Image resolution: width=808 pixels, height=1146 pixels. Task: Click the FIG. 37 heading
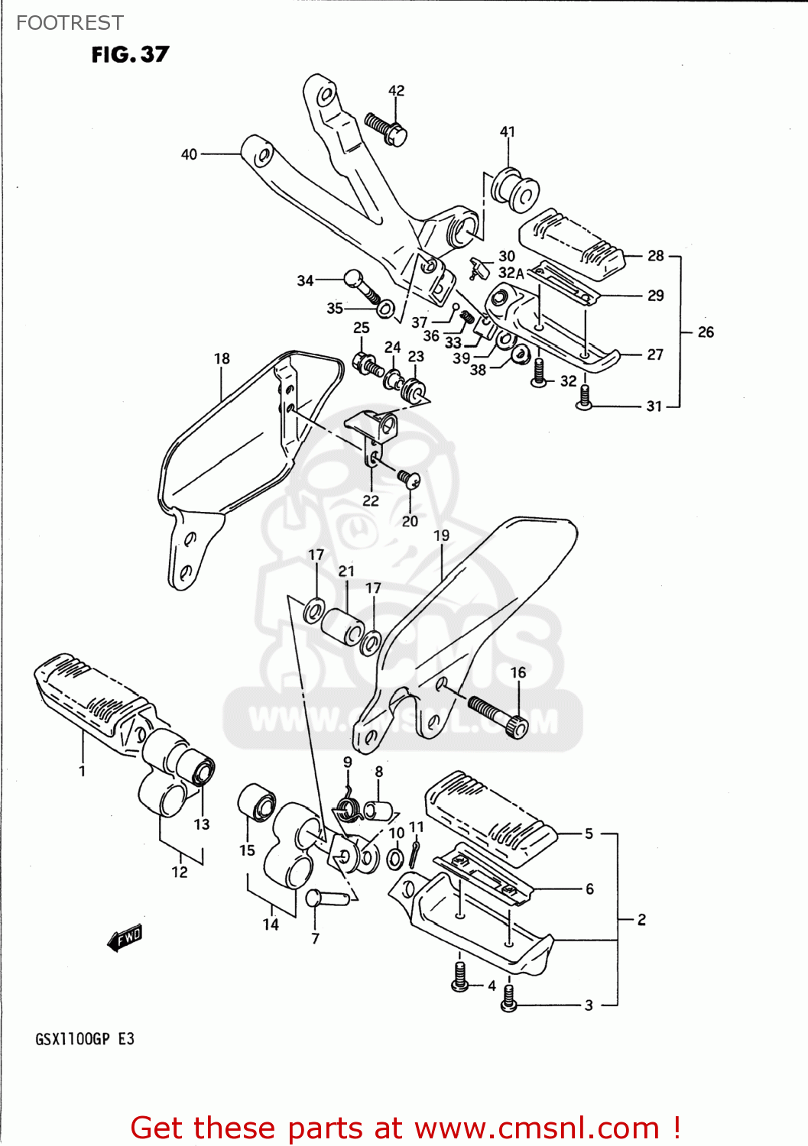(x=130, y=54)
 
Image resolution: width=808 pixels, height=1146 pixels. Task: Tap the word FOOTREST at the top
(x=70, y=23)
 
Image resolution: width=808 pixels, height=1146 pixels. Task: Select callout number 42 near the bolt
(x=396, y=90)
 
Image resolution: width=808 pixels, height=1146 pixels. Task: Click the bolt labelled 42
(x=387, y=129)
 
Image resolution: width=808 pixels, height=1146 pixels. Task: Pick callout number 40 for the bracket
(x=189, y=154)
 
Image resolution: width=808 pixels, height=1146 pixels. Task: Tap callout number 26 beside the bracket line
(x=706, y=332)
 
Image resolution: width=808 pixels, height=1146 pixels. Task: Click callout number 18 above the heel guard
(x=222, y=358)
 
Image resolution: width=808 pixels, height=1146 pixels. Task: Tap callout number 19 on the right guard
(x=441, y=536)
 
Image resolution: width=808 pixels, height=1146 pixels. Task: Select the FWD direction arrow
(x=125, y=937)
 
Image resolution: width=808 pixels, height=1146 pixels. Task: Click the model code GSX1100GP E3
(x=85, y=1039)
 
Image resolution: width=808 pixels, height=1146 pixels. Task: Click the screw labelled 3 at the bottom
(x=509, y=1000)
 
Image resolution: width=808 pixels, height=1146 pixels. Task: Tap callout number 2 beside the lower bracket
(x=641, y=919)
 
